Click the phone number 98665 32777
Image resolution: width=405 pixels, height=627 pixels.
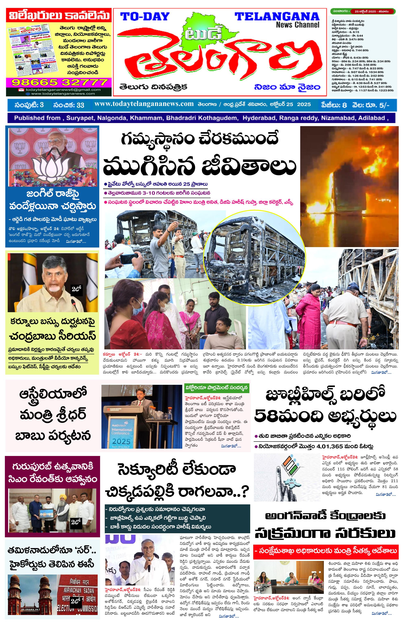[59, 83]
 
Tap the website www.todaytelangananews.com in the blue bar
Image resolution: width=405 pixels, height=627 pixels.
[144, 104]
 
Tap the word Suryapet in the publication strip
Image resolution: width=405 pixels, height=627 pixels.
[80, 118]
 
